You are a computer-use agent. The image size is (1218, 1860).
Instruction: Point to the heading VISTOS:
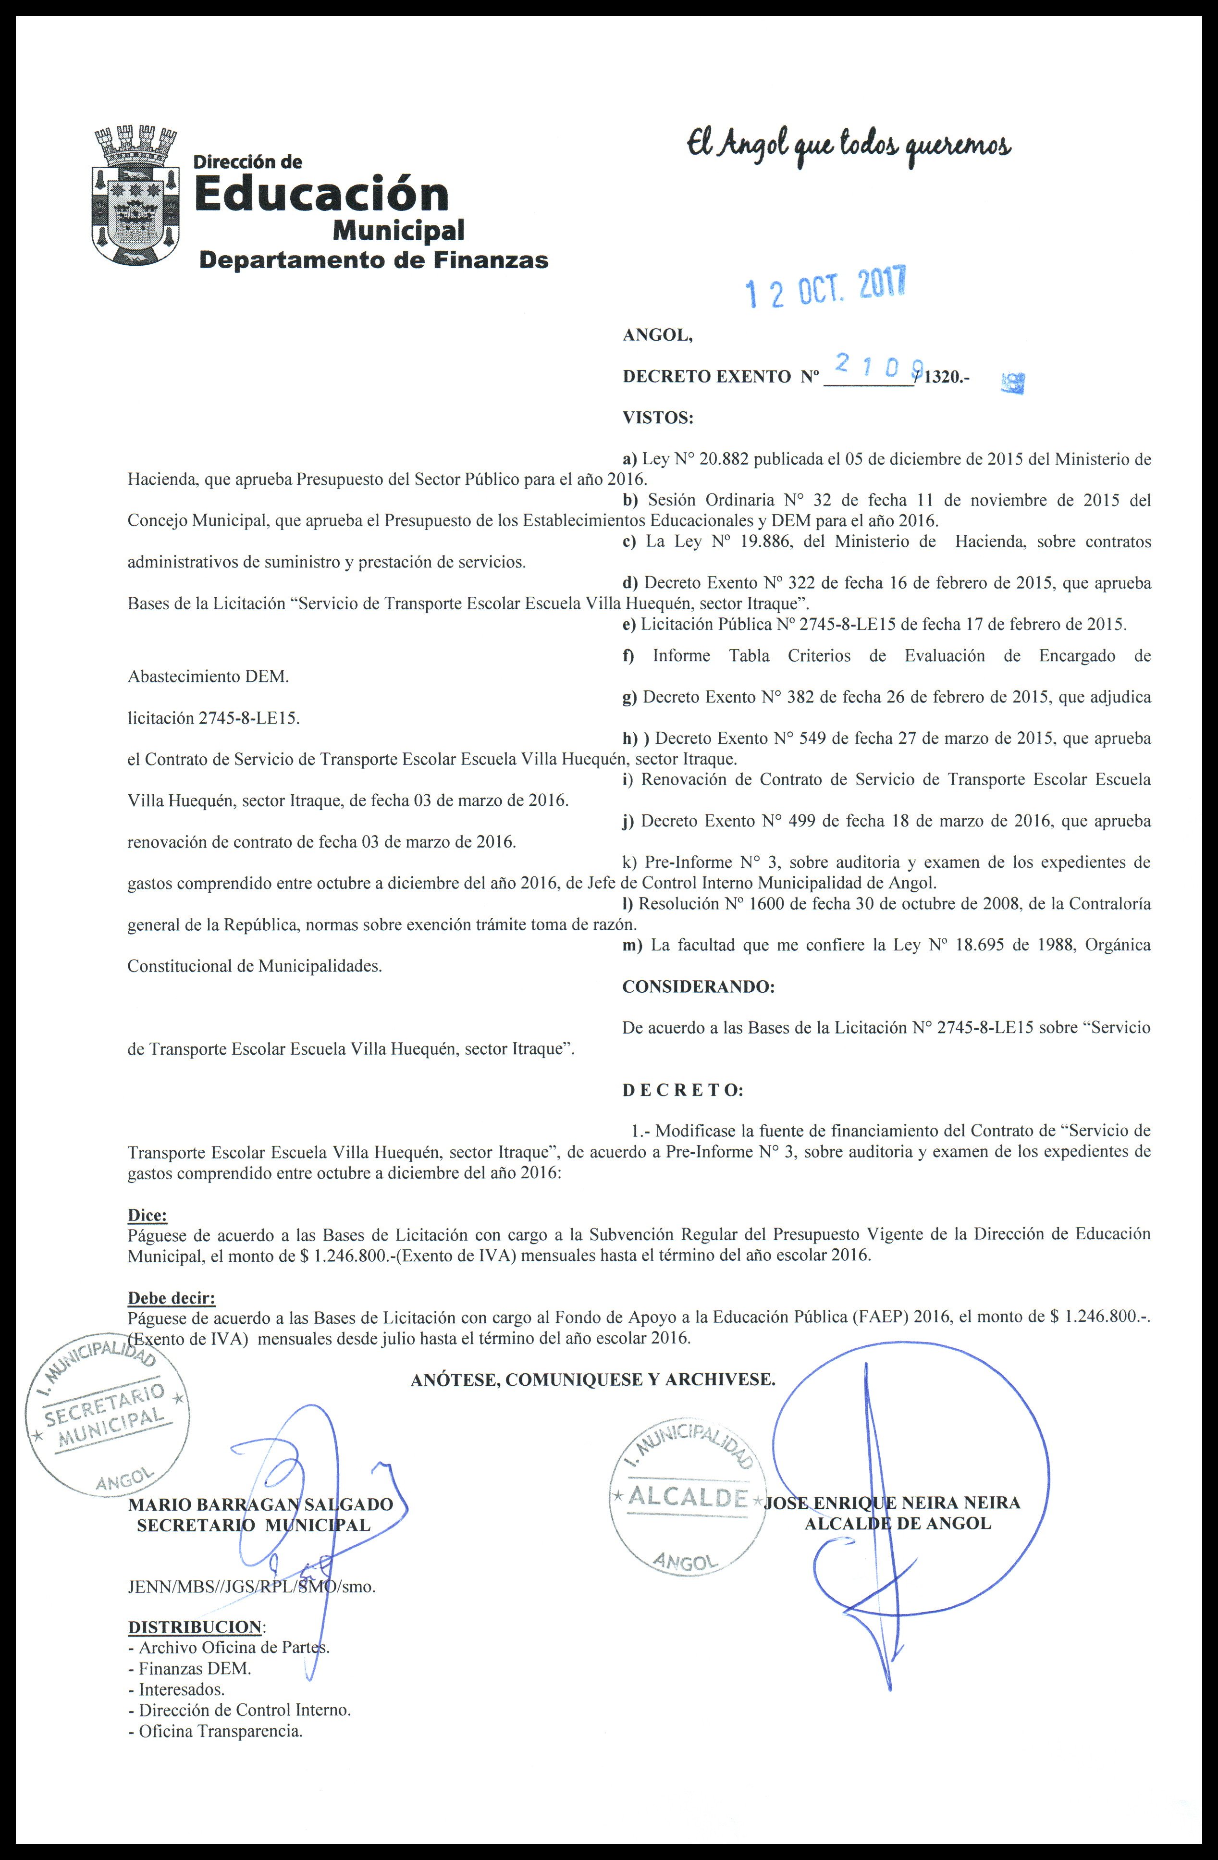[x=658, y=418]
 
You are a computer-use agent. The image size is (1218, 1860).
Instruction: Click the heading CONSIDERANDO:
[x=698, y=987]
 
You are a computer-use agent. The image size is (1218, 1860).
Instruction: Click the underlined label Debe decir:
[x=171, y=1298]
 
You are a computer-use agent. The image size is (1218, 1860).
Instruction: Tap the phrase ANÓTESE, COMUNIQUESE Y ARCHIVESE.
[x=593, y=1380]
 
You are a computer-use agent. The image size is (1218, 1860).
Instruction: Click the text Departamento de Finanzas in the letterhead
[x=373, y=260]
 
